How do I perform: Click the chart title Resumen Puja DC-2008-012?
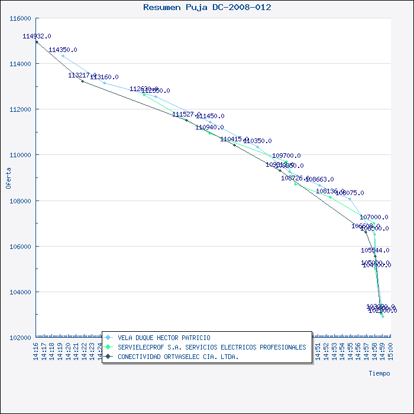coord(208,7)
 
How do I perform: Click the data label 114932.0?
coord(37,36)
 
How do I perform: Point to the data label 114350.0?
coord(63,50)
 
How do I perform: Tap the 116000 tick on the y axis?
coord(21,18)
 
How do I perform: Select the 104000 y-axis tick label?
coord(21,292)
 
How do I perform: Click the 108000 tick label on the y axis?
coord(21,200)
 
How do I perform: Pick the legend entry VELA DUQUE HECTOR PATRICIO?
coord(164,338)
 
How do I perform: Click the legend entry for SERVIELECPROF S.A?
coord(212,347)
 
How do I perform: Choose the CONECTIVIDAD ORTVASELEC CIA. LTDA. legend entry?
coord(178,357)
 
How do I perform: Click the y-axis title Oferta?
coord(8,177)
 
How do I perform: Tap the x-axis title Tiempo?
coord(379,373)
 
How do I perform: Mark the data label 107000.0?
coord(374,217)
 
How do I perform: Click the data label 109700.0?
coord(286,156)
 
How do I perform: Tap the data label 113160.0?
coord(104,77)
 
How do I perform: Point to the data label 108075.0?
coord(350,193)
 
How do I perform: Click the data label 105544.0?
coord(375,250)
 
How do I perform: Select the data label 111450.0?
coord(210,116)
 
